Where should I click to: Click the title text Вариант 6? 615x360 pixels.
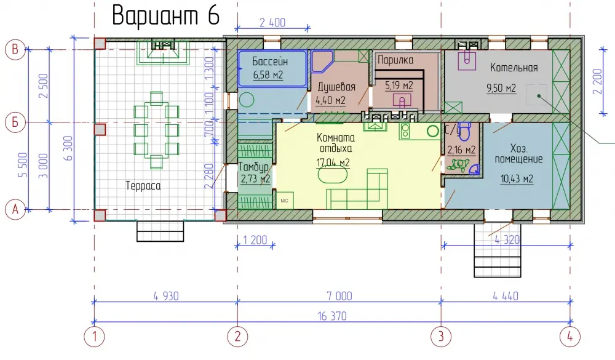[x=165, y=16]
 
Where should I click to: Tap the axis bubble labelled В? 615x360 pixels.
[x=15, y=49]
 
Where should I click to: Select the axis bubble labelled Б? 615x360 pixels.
[x=15, y=122]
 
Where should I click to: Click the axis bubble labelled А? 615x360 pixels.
[x=15, y=209]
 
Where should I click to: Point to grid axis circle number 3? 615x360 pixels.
[x=441, y=337]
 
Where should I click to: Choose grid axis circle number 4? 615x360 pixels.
[x=570, y=337]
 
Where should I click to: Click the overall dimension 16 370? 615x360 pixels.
[x=332, y=316]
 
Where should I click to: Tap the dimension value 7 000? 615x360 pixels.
[x=339, y=296]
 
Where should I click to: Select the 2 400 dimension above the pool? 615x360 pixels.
[x=272, y=22]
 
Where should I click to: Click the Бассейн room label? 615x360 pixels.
[x=270, y=62]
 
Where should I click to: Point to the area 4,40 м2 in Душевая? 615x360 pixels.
[x=331, y=100]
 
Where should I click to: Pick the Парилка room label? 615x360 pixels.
[x=395, y=60]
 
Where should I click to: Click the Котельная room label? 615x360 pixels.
[x=514, y=68]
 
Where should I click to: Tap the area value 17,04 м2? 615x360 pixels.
[x=333, y=162]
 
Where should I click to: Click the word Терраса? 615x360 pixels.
[x=143, y=185]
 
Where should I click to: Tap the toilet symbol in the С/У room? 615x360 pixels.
[x=465, y=130]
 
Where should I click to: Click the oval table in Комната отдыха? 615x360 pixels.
[x=333, y=175]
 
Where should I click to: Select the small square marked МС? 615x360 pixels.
[x=285, y=200]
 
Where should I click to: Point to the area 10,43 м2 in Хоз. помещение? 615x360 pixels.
[x=517, y=179]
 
